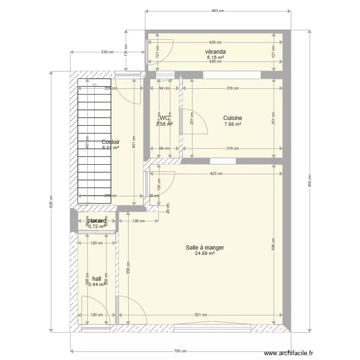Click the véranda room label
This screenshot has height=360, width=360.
(215, 52)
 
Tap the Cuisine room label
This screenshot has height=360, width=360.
(232, 118)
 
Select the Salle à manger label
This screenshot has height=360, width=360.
(205, 248)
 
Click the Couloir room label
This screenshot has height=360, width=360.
(110, 142)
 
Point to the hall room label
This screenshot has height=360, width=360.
(97, 278)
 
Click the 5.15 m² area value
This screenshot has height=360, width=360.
(215, 57)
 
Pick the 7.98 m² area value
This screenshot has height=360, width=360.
(232, 124)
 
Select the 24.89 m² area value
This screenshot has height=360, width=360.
(205, 253)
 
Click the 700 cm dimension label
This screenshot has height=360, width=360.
(180, 351)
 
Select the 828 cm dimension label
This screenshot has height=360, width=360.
(51, 201)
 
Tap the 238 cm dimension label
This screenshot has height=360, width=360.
(108, 52)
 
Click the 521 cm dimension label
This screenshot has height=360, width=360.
(201, 315)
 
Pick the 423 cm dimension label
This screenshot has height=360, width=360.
(216, 174)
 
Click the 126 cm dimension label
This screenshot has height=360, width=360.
(139, 221)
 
